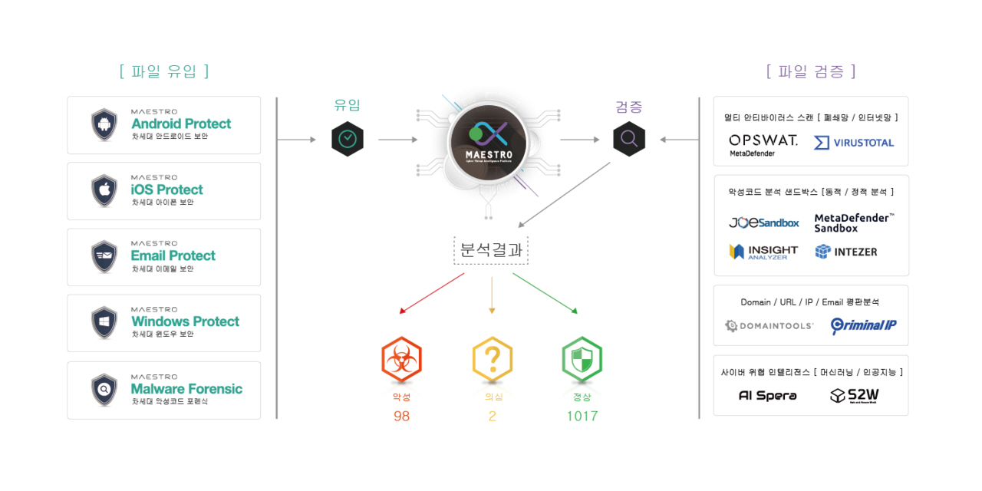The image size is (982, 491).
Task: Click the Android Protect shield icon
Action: pyautogui.click(x=104, y=124)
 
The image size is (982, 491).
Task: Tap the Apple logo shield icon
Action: pyautogui.click(x=104, y=190)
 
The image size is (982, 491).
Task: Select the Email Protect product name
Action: pyautogui.click(x=173, y=255)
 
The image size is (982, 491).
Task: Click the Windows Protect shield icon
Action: pyautogui.click(x=104, y=322)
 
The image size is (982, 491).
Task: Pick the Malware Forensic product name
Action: pyautogui.click(x=186, y=389)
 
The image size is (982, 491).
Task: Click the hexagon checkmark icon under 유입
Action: pyautogui.click(x=348, y=139)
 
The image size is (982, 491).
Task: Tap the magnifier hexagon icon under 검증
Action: pyautogui.click(x=629, y=139)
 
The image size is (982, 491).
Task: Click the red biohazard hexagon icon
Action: pyautogui.click(x=401, y=360)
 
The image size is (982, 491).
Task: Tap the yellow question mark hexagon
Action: pyautogui.click(x=492, y=360)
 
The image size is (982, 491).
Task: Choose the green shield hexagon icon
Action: pyautogui.click(x=582, y=360)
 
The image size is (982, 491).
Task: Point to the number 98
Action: pyautogui.click(x=401, y=416)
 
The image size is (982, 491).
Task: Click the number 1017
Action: pyautogui.click(x=582, y=416)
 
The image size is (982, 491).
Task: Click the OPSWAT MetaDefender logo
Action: pyautogui.click(x=763, y=144)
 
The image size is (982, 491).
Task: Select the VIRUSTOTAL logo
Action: pyautogui.click(x=854, y=143)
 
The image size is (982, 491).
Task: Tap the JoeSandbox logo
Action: pyautogui.click(x=763, y=222)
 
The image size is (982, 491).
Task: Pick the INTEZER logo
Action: pyautogui.click(x=845, y=252)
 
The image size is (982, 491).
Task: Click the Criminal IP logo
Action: pyautogui.click(x=863, y=325)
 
